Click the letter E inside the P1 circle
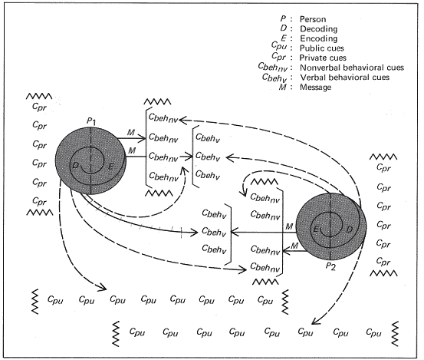tap(112, 167)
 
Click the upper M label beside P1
tap(133, 133)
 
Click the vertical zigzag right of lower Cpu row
tap(396, 332)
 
